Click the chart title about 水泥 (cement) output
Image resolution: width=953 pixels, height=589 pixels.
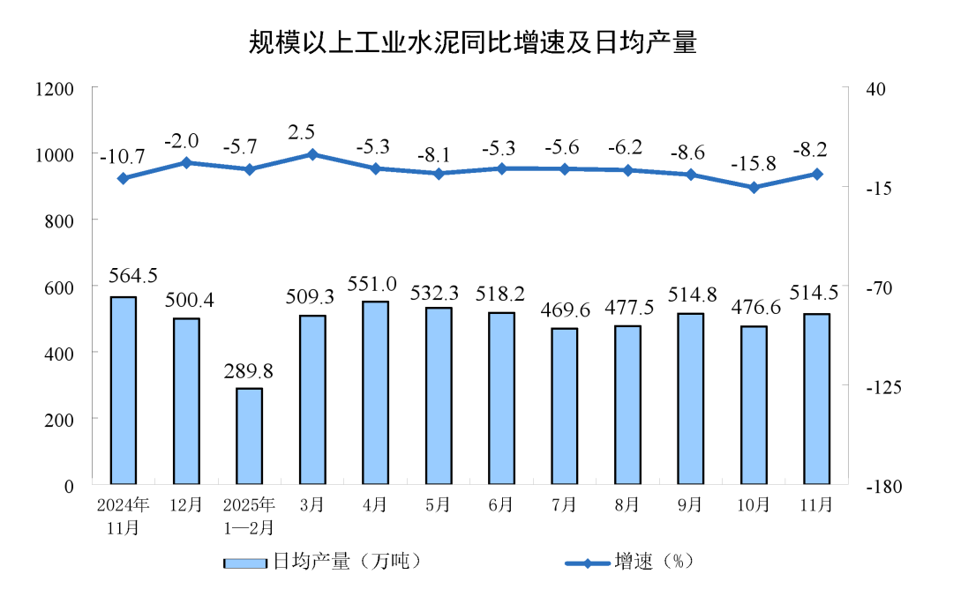pos(473,41)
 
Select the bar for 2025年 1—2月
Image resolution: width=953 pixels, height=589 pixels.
pos(249,436)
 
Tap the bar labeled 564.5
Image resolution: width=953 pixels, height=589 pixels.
pos(124,391)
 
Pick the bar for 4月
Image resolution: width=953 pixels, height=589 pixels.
pos(375,393)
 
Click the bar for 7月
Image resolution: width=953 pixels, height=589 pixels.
pos(564,406)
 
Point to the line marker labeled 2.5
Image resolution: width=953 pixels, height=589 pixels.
pos(312,154)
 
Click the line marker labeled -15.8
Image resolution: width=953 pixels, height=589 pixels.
pos(754,188)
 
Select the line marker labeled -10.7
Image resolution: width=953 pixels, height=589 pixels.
pos(124,179)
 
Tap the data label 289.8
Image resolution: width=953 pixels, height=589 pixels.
pos(249,371)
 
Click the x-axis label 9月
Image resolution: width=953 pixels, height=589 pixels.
pos(690,505)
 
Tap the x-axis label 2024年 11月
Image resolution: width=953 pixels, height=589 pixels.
pos(124,516)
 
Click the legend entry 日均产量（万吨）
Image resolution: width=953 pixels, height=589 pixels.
pos(320,562)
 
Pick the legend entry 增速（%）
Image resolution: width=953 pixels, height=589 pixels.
pos(628,562)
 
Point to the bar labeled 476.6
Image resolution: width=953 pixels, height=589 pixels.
pos(754,405)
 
